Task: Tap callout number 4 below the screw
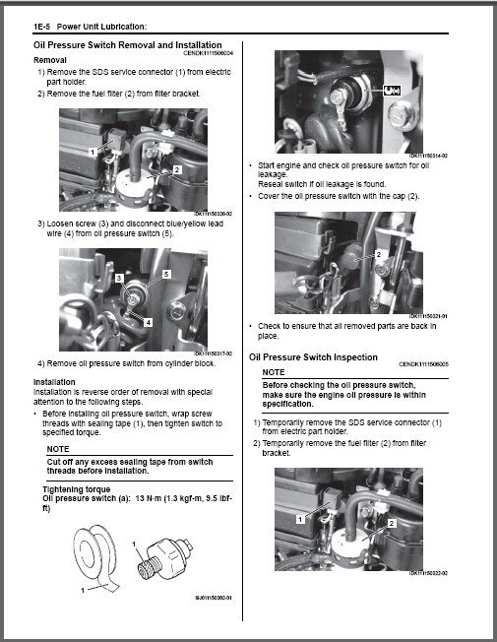click(148, 321)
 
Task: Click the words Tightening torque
click(75, 488)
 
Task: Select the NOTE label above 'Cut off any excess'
click(60, 449)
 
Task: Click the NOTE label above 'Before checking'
click(274, 371)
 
